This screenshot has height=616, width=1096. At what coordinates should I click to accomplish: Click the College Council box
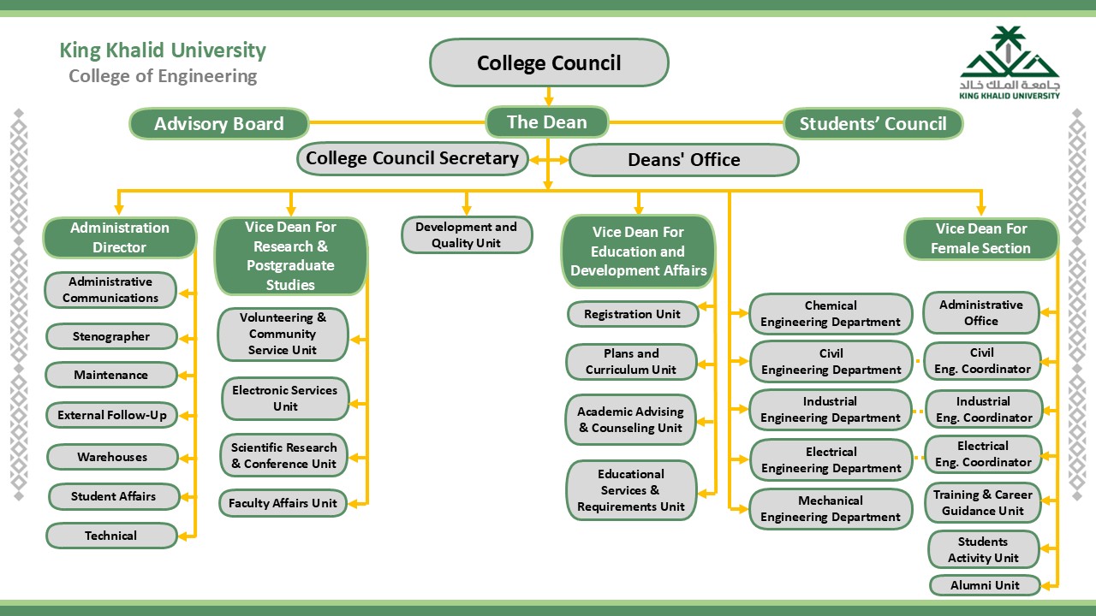pos(549,62)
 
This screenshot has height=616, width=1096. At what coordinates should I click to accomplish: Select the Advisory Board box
pos(218,124)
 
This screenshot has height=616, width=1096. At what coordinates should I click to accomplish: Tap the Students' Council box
pos(873,124)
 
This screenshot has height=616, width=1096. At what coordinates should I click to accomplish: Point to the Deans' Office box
pos(683,160)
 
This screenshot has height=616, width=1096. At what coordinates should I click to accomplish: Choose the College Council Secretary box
pos(412,158)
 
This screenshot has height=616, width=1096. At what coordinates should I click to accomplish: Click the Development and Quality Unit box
pos(467,234)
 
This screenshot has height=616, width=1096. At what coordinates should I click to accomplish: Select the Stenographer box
pos(111,336)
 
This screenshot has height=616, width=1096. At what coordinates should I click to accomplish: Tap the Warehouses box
pos(112,457)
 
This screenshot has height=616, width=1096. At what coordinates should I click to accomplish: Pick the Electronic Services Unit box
pos(285,399)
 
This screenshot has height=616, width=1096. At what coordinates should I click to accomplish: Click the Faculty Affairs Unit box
pos(283,503)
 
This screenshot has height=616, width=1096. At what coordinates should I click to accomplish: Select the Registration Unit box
pos(632,314)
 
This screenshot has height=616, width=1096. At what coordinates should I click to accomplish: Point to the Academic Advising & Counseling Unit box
pos(631,420)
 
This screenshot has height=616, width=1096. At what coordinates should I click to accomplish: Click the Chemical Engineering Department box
pos(831,314)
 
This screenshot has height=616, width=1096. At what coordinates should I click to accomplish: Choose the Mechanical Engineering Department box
pos(831,509)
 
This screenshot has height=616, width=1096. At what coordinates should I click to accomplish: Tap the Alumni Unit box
pos(985,585)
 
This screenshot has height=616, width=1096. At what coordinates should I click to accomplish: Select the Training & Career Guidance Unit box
pos(983,503)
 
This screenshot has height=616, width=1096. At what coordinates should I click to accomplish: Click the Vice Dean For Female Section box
pos(981,239)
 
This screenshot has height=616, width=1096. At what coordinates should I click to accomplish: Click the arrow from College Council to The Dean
pos(549,96)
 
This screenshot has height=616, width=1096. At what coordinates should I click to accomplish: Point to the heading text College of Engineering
pos(163,76)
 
